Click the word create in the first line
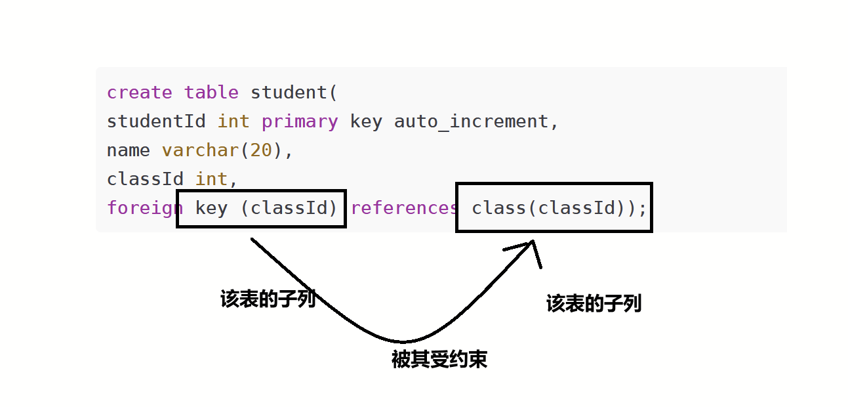coord(140,93)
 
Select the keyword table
coord(211,93)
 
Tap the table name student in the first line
coord(289,93)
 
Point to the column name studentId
coord(156,121)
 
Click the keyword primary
coord(300,121)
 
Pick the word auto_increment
coord(475,121)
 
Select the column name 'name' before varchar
coord(129,150)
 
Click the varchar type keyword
coord(200,150)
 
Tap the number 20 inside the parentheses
coord(261,150)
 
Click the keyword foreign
coord(145,208)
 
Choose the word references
coord(404,208)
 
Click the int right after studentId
coord(233,121)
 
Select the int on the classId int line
coord(211,179)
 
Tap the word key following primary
coord(366,121)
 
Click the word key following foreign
coord(211,208)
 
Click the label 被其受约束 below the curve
coord(439,360)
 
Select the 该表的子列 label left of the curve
coord(268,300)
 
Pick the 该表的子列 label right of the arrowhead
coord(594,303)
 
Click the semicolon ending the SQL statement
coord(642,208)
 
